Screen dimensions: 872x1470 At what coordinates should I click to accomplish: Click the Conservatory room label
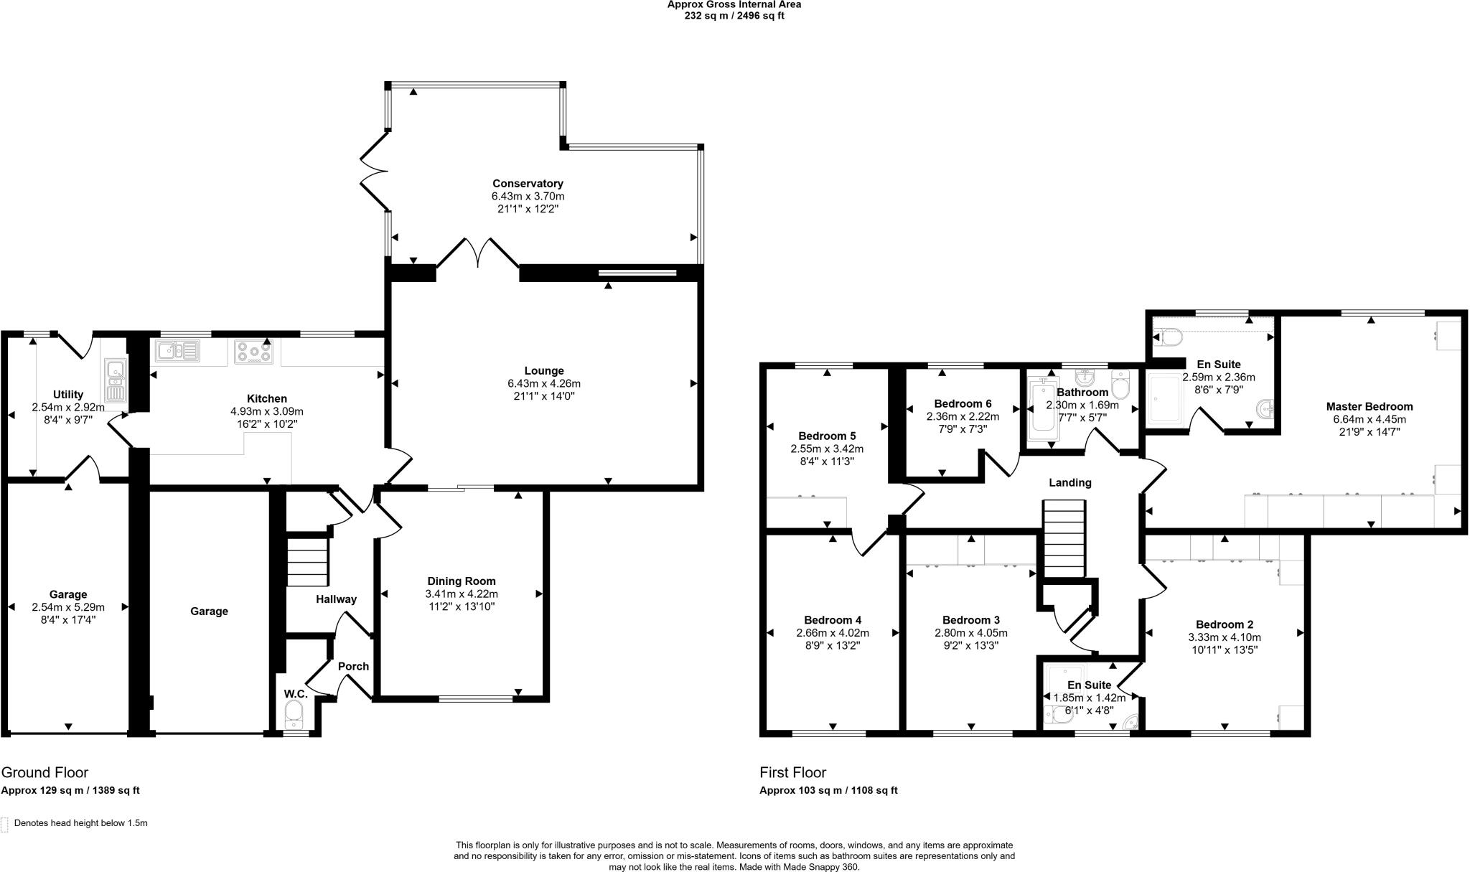(x=528, y=184)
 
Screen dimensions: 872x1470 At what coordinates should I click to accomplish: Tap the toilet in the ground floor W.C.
(x=294, y=713)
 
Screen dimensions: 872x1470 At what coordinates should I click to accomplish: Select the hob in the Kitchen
(x=253, y=352)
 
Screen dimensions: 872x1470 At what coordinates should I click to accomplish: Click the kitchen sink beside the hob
(x=178, y=351)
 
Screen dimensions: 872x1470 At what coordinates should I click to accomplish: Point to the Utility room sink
(x=115, y=381)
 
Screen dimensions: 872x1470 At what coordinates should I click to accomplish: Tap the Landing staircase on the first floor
(x=1062, y=538)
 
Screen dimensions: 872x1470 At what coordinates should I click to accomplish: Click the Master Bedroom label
(x=1369, y=406)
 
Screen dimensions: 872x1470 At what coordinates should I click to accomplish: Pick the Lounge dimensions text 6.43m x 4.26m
(x=543, y=383)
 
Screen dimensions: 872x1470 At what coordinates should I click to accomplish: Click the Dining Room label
(x=461, y=581)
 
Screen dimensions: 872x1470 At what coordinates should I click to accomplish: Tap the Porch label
(x=353, y=666)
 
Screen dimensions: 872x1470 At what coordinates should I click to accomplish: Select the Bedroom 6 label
(x=963, y=403)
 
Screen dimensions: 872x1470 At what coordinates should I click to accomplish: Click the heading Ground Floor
(x=45, y=772)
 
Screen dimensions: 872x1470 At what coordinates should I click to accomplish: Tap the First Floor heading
(x=792, y=772)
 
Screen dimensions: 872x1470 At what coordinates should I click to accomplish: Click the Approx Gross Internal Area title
(x=734, y=4)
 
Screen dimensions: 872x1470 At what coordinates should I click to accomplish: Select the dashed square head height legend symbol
(x=5, y=824)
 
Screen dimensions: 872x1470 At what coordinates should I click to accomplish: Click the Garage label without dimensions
(x=209, y=611)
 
